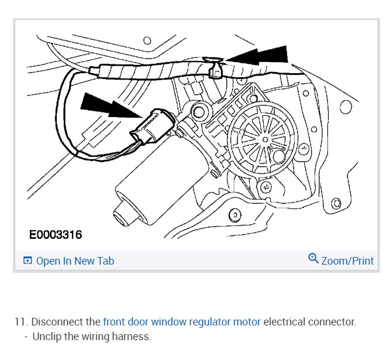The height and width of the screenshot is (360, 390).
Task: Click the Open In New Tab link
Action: coord(75,261)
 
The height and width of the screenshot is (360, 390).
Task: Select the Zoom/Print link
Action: coord(347,261)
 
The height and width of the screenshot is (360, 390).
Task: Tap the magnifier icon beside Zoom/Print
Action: coord(313,259)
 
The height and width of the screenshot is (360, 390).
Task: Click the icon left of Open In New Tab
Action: coord(27,261)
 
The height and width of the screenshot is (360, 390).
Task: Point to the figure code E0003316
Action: coord(56,235)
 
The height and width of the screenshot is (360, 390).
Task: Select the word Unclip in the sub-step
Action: coord(47,337)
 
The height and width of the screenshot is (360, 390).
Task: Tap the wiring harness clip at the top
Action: coord(215,71)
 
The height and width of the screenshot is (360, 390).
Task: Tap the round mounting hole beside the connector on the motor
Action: coord(198,111)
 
